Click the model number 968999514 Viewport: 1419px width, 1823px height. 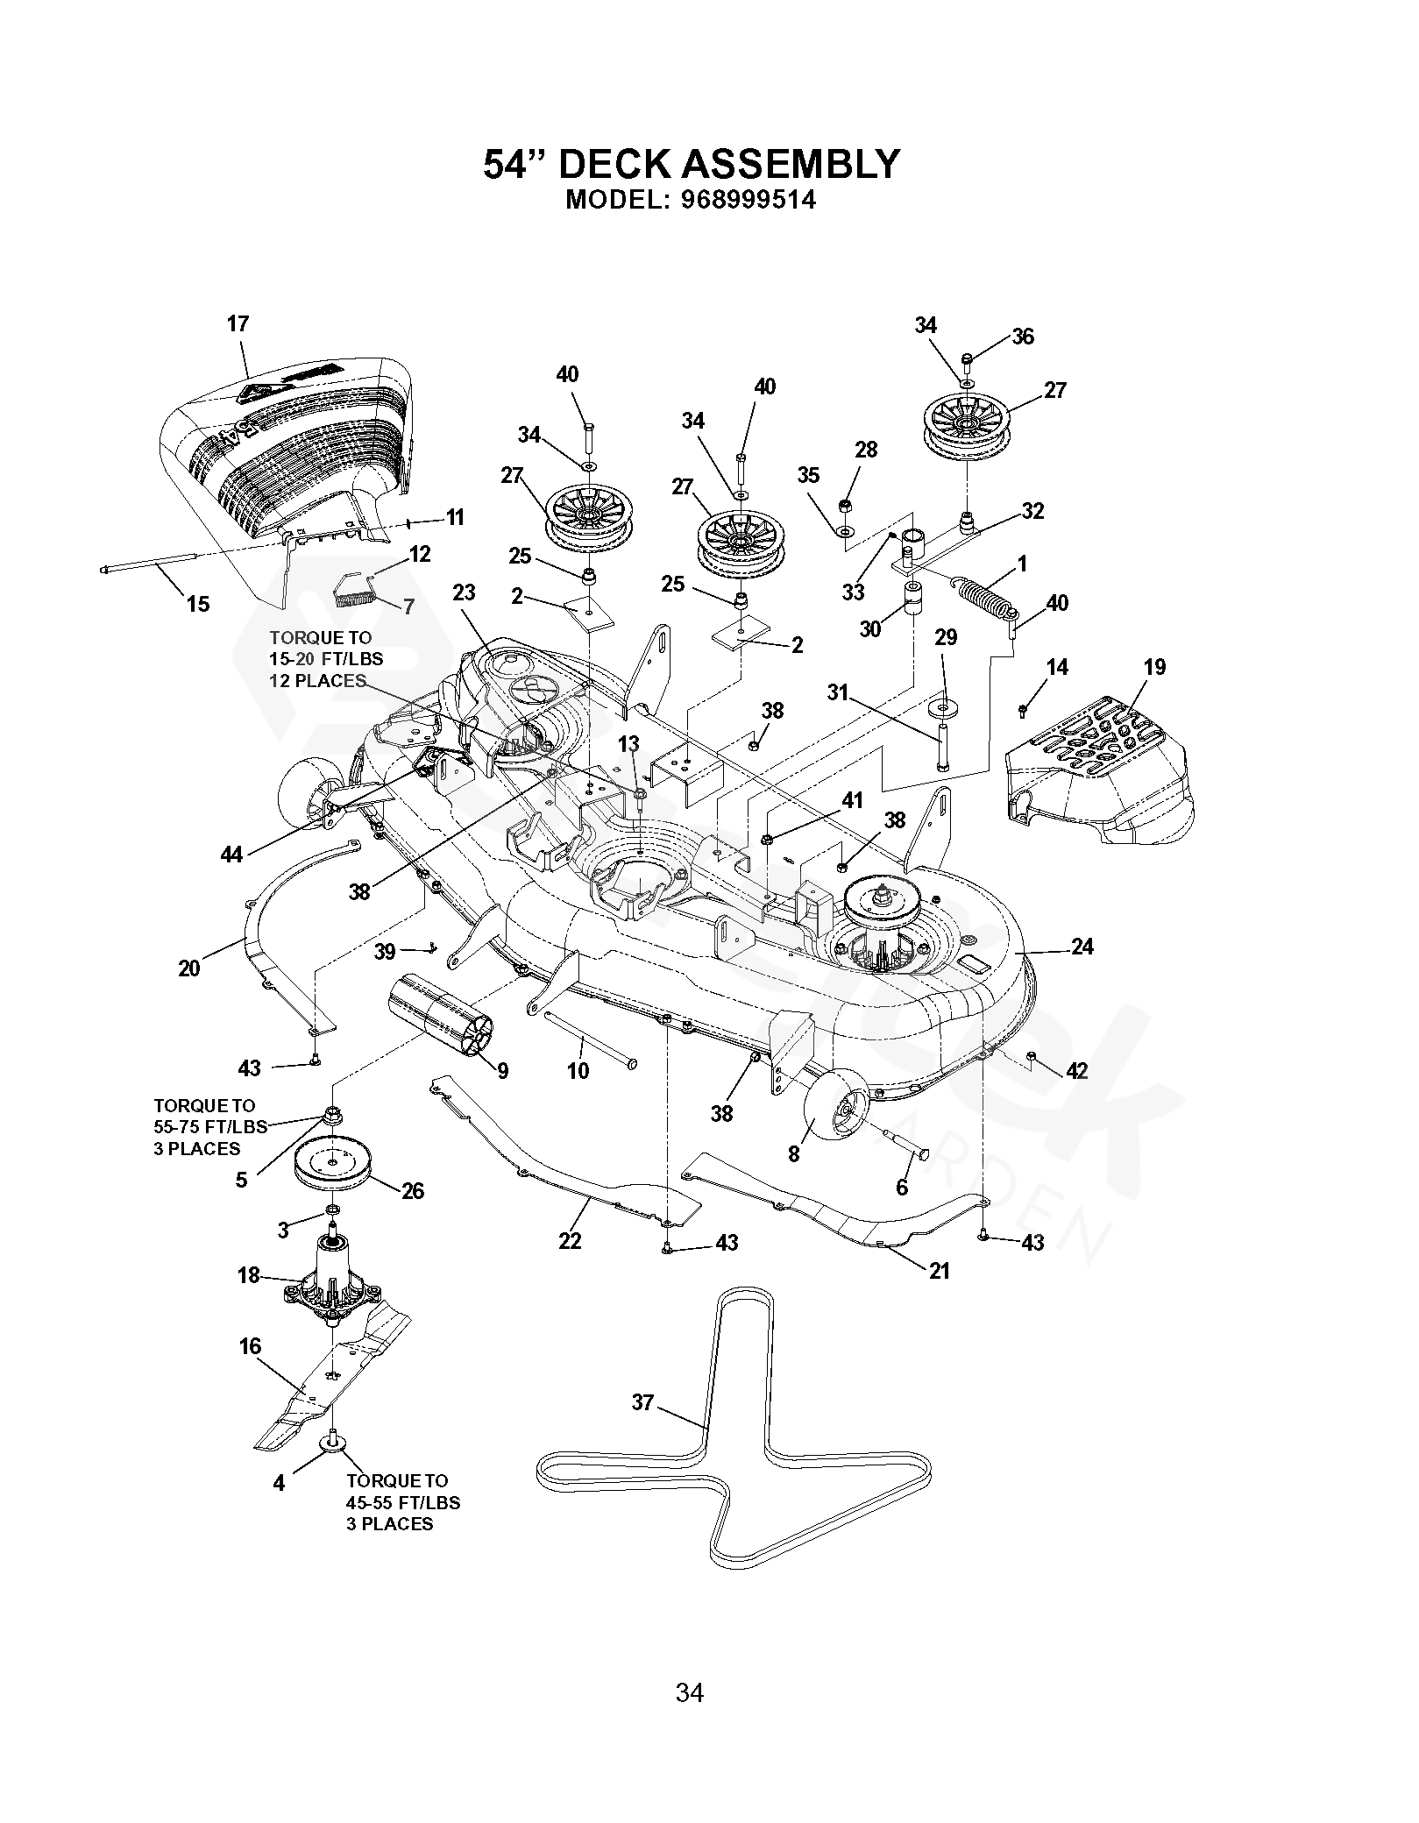[x=748, y=201]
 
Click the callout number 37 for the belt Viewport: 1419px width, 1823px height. [x=642, y=1402]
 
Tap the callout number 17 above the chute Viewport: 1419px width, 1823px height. [x=238, y=323]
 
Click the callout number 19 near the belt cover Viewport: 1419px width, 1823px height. [x=1154, y=667]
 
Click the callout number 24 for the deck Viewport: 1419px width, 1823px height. [x=1082, y=947]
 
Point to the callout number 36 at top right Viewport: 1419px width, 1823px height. [x=1023, y=337]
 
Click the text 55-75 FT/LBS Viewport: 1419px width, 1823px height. [x=209, y=1127]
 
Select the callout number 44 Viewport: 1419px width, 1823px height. [x=231, y=853]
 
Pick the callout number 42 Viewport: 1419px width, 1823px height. [x=1076, y=1071]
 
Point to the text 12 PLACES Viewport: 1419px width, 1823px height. [x=317, y=681]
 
